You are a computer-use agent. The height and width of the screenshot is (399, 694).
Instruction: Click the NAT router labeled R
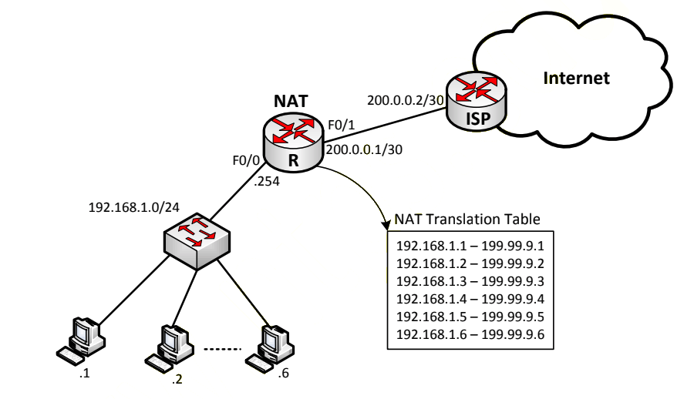point(293,142)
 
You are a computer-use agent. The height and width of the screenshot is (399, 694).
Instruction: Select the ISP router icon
point(477,101)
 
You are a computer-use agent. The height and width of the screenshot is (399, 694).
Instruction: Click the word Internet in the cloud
point(576,78)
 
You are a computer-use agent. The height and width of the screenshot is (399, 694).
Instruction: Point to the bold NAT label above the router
point(291,102)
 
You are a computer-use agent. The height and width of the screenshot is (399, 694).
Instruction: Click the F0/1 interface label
point(342,126)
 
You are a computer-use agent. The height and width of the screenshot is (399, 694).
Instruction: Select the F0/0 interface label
point(246,160)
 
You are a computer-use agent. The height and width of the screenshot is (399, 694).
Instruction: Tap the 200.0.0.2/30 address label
point(406,100)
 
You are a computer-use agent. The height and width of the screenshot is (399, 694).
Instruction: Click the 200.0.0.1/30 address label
point(364,150)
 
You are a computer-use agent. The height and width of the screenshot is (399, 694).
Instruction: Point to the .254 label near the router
point(267,181)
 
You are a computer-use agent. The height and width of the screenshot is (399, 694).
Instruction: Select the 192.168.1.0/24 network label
point(134,207)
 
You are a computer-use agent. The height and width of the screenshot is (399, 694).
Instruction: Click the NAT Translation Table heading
point(467,220)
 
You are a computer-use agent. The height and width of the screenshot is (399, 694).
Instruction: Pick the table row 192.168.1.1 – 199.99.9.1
point(470,246)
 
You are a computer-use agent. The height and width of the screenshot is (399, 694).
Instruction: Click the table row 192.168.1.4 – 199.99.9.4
point(470,299)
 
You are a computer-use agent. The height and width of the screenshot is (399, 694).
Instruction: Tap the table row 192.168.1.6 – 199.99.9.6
point(470,334)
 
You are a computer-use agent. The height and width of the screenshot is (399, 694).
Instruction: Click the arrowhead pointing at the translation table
point(386,224)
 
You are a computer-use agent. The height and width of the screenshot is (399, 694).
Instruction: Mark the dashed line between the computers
point(222,349)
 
